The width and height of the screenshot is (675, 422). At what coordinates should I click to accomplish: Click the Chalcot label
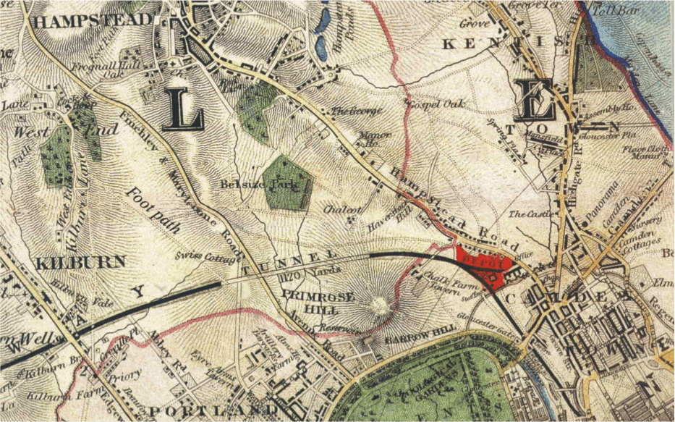pyautogui.click(x=342, y=209)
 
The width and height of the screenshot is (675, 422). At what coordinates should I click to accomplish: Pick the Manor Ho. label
pyautogui.click(x=376, y=138)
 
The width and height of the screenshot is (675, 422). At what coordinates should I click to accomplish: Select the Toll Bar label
pyautogui.click(x=609, y=10)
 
